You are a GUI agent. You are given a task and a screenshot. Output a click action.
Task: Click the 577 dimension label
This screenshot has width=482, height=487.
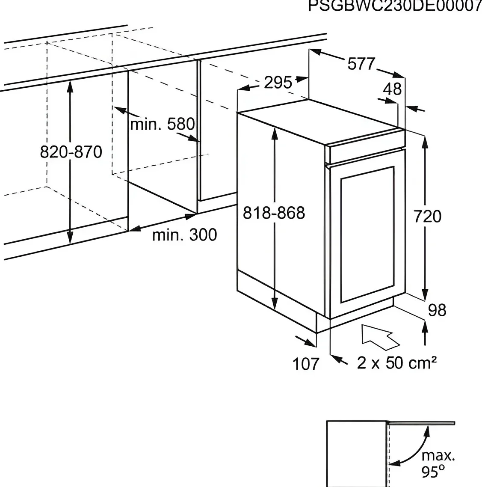(361, 64)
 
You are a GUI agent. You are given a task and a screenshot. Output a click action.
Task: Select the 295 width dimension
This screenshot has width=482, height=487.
(278, 83)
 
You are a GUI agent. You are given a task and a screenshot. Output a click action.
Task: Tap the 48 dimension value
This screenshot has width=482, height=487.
(392, 89)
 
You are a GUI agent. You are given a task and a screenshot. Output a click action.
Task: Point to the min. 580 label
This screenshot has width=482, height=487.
(163, 124)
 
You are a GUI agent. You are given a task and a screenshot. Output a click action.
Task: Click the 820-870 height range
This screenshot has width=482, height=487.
(71, 152)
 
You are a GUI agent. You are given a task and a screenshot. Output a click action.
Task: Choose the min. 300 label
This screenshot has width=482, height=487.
(184, 235)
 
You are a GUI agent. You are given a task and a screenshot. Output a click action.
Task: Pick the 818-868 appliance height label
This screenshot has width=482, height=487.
(274, 213)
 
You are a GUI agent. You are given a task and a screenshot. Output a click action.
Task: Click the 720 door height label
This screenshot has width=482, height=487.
(427, 217)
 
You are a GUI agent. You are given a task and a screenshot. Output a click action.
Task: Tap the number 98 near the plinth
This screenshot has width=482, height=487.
(437, 310)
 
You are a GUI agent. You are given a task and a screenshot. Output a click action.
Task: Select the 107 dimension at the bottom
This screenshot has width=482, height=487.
(306, 364)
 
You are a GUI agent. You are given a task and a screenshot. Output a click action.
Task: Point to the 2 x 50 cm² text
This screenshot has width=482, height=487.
(396, 362)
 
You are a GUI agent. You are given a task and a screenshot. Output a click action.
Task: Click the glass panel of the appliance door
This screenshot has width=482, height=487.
(367, 235)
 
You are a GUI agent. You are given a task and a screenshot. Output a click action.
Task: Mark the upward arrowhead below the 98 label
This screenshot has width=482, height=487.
(425, 327)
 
